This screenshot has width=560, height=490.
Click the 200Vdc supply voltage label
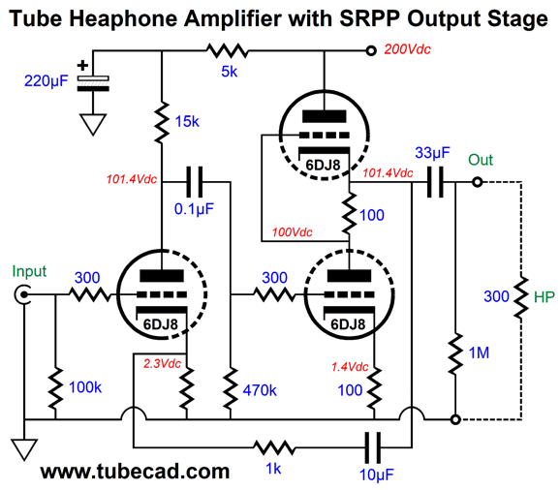tap(408, 49)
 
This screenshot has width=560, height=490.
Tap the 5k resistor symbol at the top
tap(227, 50)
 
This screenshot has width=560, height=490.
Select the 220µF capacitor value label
tap(47, 81)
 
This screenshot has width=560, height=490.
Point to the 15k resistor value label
tap(187, 122)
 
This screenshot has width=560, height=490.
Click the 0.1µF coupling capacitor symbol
tap(195, 182)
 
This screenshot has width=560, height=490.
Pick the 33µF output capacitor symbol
tap(435, 182)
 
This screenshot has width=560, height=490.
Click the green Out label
tap(481, 160)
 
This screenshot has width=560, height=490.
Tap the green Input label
tap(29, 271)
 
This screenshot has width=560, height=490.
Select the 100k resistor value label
tap(85, 387)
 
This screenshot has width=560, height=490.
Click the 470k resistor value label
tap(260, 390)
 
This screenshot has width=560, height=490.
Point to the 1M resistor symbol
tap(455, 353)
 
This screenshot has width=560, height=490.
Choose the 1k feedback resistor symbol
tap(274, 447)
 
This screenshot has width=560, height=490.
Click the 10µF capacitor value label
tap(377, 475)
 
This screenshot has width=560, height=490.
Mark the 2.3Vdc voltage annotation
tap(162, 364)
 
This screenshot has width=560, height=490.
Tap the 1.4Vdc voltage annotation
tap(350, 366)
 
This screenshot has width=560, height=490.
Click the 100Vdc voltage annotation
tap(293, 232)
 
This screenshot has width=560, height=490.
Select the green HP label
tap(544, 297)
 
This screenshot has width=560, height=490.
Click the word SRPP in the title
tap(370, 18)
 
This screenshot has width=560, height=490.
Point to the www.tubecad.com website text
tap(135, 472)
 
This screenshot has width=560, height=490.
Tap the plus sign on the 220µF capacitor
tap(83, 66)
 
